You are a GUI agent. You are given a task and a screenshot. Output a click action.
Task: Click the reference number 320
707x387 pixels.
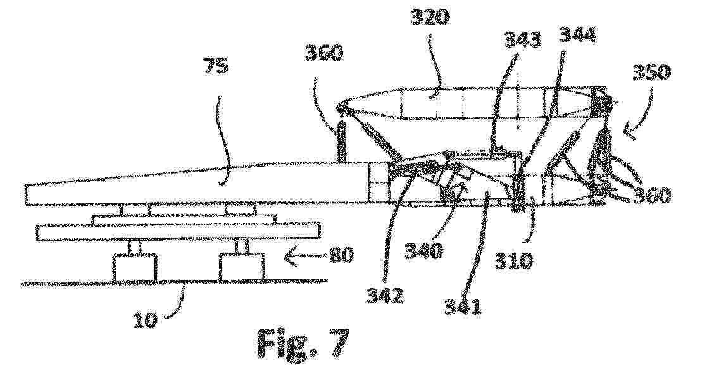tap(430, 18)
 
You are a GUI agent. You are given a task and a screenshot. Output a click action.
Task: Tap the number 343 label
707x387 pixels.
tap(523, 40)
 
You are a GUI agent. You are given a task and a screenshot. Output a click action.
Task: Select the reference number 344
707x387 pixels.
tap(578, 35)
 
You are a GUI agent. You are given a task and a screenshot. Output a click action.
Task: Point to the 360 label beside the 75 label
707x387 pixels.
tap(324, 53)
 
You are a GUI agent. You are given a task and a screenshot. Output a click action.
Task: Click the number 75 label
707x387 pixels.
tap(216, 67)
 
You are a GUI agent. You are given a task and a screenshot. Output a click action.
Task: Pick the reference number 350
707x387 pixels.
tap(651, 72)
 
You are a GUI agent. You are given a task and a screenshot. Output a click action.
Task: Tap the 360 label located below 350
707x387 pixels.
tap(652, 196)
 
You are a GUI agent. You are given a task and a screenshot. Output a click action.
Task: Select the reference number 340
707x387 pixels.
tap(424, 250)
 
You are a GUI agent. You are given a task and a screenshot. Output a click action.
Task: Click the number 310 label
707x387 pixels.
tap(513, 261)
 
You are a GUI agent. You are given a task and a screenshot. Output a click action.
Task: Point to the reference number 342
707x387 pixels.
tap(385, 296)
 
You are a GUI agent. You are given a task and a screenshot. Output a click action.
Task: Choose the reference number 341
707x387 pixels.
tap(463, 307)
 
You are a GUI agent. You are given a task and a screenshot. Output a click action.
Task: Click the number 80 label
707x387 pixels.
tap(341, 256)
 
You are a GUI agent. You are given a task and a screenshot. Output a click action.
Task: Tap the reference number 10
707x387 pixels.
tap(145, 320)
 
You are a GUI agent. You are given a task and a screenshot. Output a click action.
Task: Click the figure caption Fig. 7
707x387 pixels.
tap(303, 344)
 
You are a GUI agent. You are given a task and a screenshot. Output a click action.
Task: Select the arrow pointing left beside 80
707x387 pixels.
tap(305, 257)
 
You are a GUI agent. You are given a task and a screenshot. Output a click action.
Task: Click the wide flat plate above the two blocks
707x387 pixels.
tap(178, 231)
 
